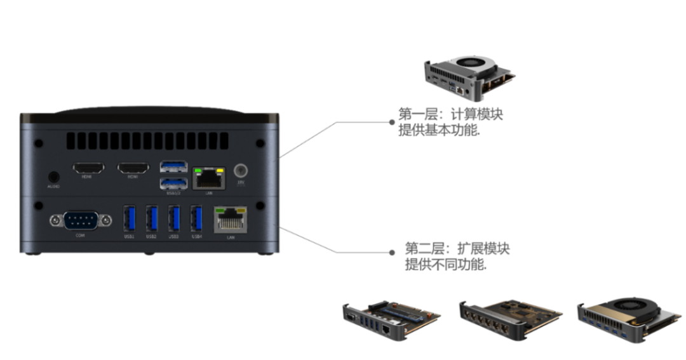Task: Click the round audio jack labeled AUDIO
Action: click(54, 177)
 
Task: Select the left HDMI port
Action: click(88, 168)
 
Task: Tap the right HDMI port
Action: click(133, 168)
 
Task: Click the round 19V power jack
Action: click(241, 171)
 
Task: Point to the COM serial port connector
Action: click(81, 220)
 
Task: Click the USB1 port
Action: click(129, 219)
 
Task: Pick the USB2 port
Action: click(151, 219)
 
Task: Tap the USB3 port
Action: click(173, 219)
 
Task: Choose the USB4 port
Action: click(196, 219)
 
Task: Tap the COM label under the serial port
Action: click(81, 236)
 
